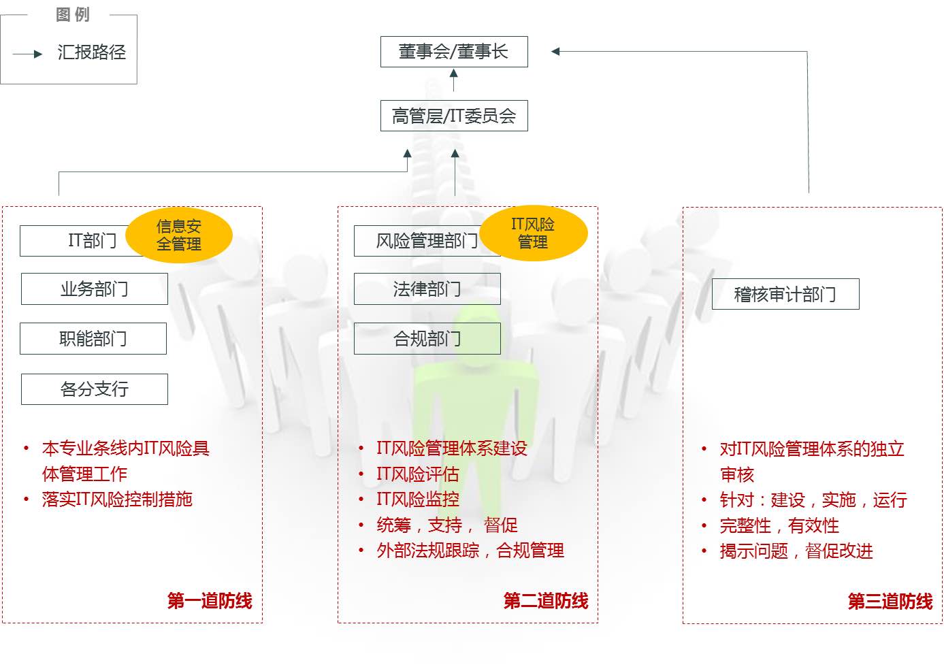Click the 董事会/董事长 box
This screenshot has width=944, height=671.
pos(454,52)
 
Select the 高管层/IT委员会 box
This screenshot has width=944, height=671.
pos(454,116)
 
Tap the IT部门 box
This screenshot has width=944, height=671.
pos(80,241)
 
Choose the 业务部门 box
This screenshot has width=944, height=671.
pos(95,289)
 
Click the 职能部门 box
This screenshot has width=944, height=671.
pos(93,338)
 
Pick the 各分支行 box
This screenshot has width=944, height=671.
pos(95,389)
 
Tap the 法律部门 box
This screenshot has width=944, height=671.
pos(427,289)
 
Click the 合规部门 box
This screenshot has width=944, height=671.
pos(427,338)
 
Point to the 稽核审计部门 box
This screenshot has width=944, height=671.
pos(785,294)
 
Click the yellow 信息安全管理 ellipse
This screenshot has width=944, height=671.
pos(179,235)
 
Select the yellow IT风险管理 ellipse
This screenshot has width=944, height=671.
pos(534,233)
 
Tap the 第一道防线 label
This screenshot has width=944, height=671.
pos(210,601)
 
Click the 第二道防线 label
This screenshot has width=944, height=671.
pos(546,601)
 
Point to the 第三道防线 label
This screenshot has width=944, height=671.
pos(890,601)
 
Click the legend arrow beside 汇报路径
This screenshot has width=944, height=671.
pos(27,54)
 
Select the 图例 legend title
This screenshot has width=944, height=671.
pos(73,15)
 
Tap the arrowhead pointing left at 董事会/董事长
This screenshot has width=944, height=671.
pos(555,52)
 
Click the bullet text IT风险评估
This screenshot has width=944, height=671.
pos(418,474)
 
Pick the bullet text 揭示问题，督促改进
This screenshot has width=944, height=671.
pos(796,551)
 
